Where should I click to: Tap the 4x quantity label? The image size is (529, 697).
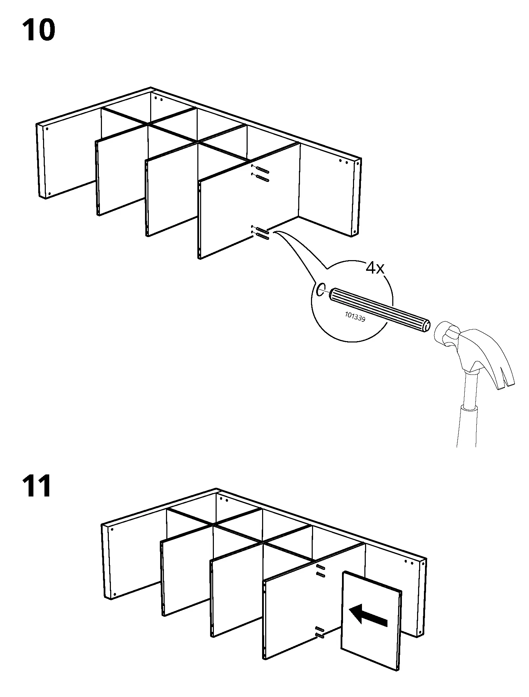pyautogui.click(x=375, y=268)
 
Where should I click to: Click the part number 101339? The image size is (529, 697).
pyautogui.click(x=355, y=316)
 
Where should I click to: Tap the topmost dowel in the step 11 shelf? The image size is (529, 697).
pyautogui.click(x=320, y=566)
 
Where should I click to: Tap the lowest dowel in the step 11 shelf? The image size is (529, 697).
pyautogui.click(x=319, y=636)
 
